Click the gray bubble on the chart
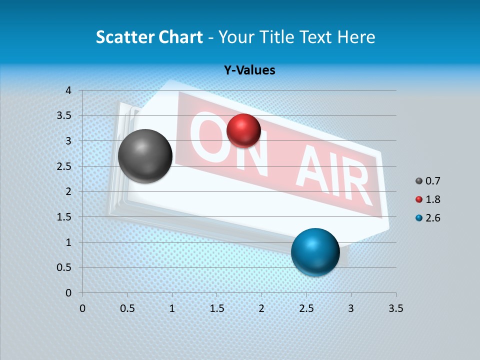[x=145, y=156]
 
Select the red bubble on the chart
[x=243, y=130]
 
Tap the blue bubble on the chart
[x=315, y=252]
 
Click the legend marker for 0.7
[x=419, y=181]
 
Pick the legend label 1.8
[x=432, y=199]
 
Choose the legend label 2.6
[x=432, y=218]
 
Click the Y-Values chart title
[x=249, y=70]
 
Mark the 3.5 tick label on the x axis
[x=395, y=308]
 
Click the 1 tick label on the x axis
[x=172, y=308]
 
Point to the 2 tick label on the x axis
[x=261, y=308]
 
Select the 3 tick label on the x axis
[x=351, y=308]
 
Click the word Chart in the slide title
[x=180, y=37]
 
